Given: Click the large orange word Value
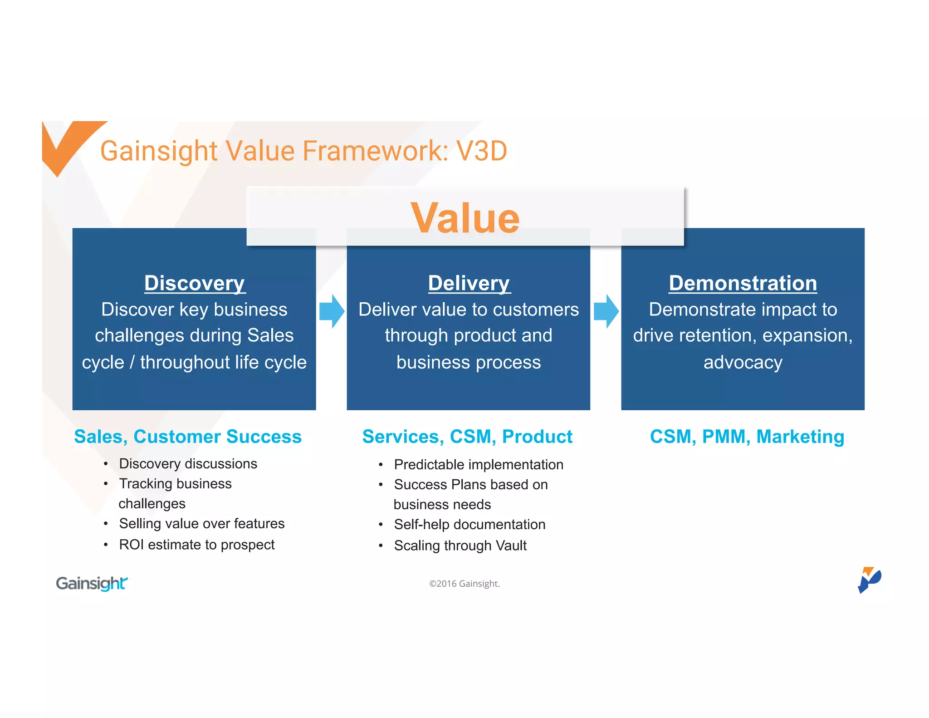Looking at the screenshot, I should click(465, 218).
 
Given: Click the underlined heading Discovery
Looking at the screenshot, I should click(195, 283).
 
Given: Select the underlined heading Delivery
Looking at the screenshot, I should click(469, 283).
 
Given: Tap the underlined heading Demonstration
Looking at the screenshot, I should click(743, 283).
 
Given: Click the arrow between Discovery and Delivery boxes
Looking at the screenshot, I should click(332, 311).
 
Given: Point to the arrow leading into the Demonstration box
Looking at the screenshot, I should click(606, 311).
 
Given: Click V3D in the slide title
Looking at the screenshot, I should click(481, 151).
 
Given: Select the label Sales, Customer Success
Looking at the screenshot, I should click(188, 437).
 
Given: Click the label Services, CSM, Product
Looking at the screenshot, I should click(467, 437).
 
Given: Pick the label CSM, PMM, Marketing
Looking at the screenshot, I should click(747, 437).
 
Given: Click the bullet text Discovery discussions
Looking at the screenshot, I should click(188, 464).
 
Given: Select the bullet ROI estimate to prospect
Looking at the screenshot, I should click(196, 545).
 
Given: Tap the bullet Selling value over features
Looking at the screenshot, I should click(201, 524).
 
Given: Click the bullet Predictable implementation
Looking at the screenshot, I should click(479, 465).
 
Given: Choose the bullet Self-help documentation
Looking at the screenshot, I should click(469, 525).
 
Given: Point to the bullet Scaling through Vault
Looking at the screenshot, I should click(460, 546).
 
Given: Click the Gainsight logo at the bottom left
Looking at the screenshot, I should click(92, 584).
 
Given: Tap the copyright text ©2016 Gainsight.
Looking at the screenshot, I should click(464, 584).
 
